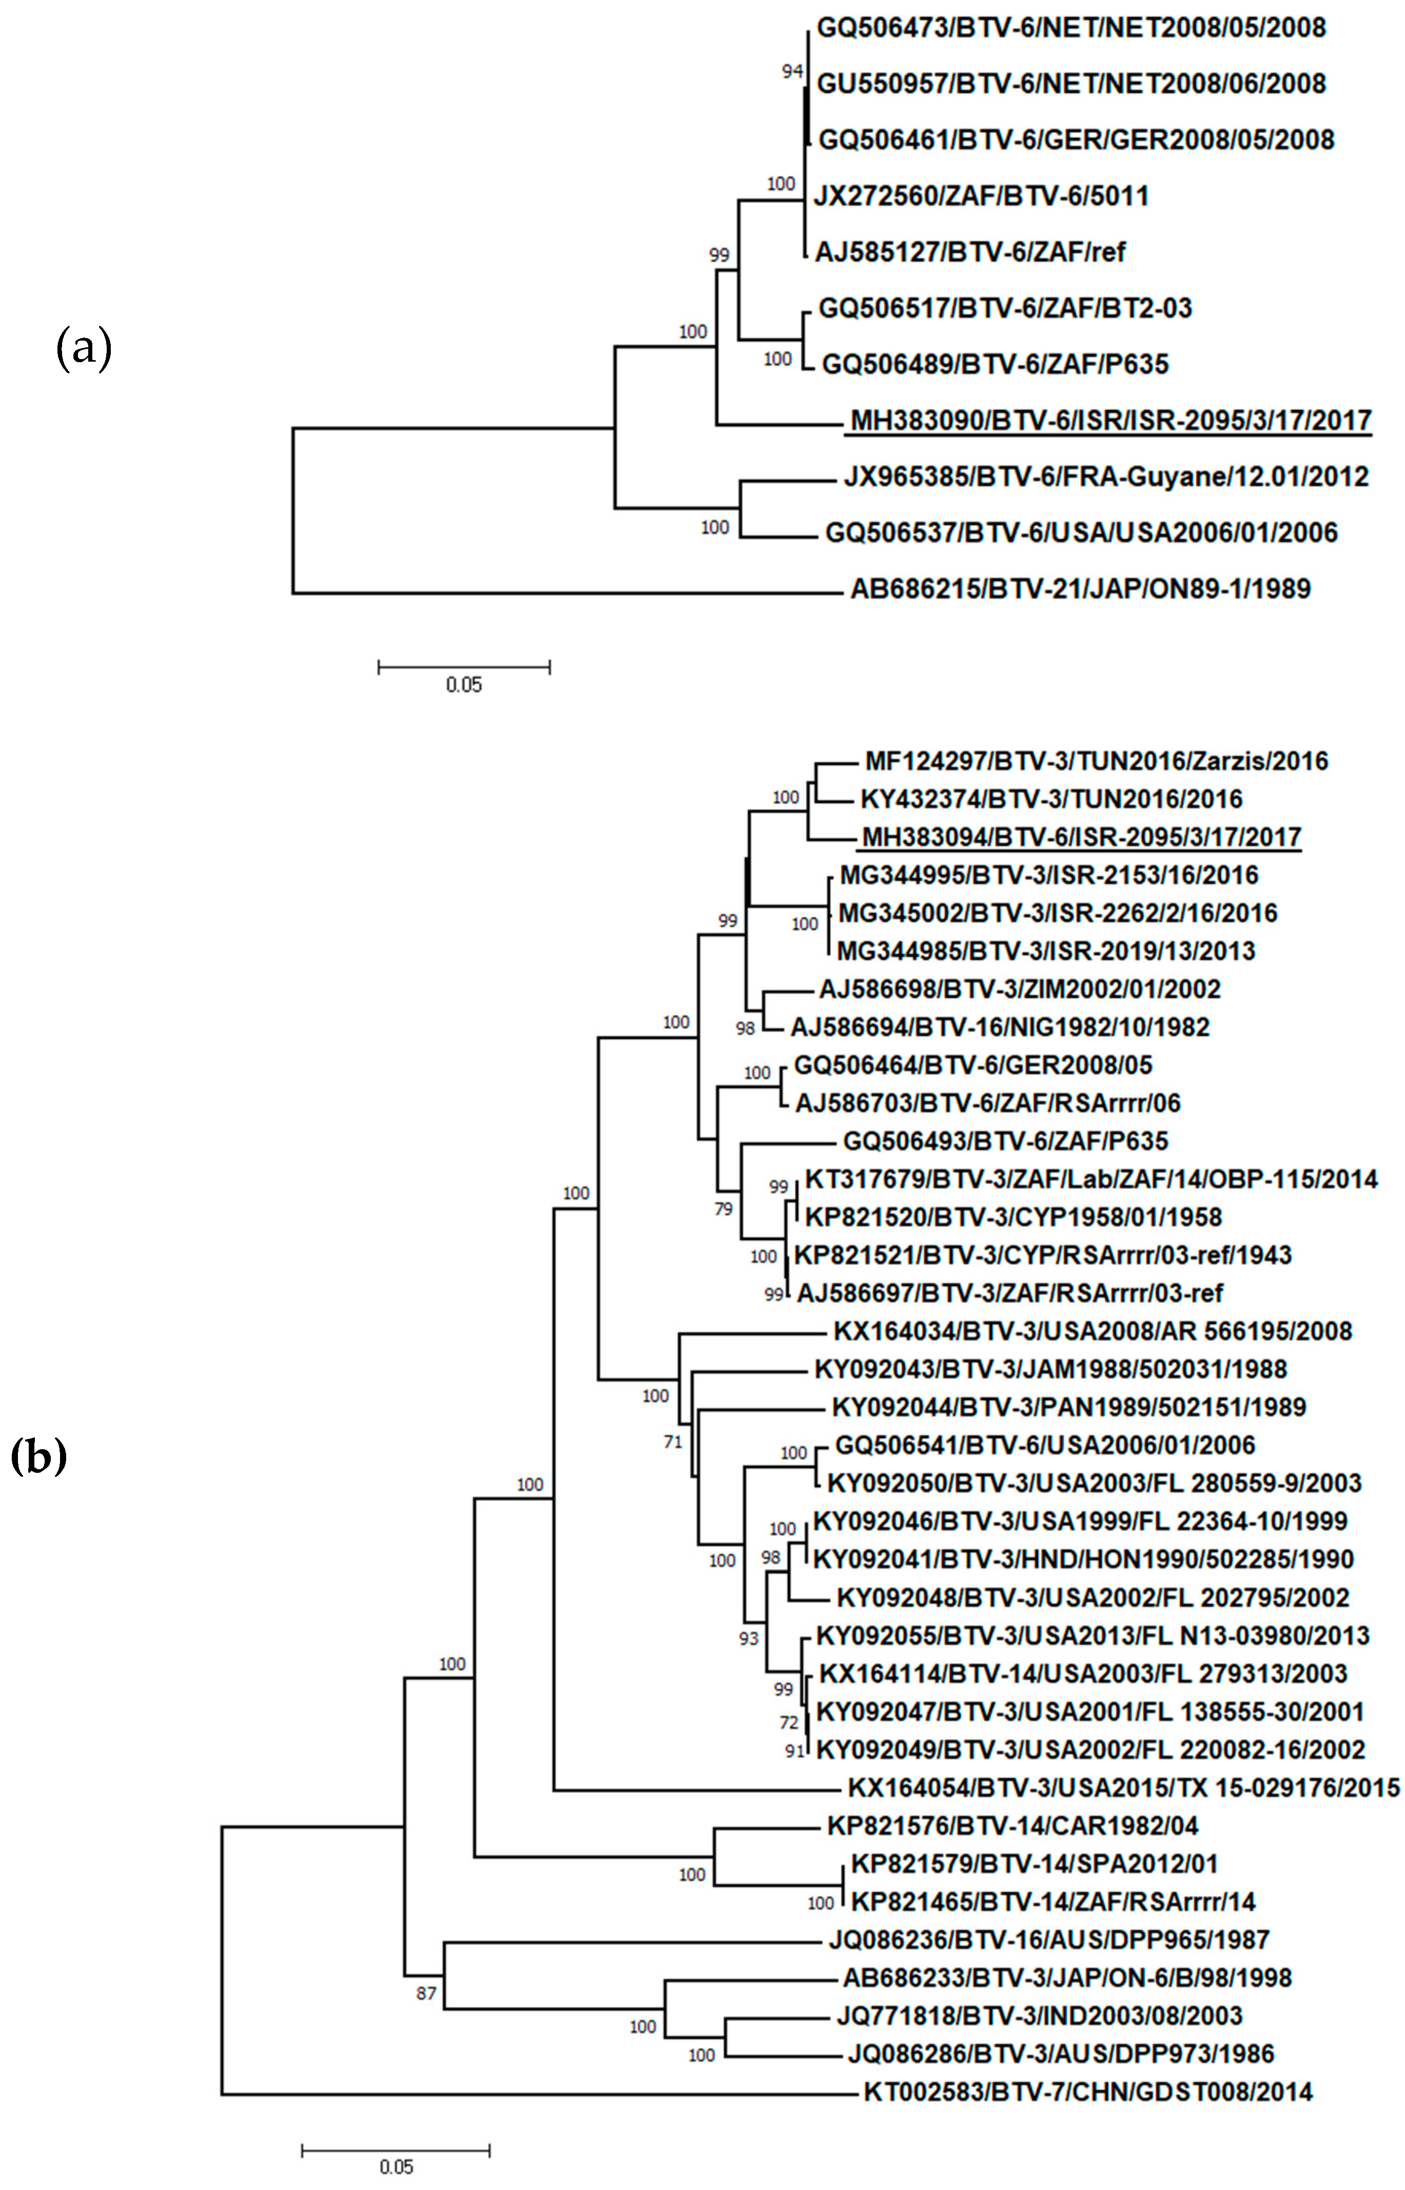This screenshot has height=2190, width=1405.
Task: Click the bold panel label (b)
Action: coord(38,1457)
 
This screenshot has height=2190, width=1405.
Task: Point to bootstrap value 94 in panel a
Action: coord(792,71)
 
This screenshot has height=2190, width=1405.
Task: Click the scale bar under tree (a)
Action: coord(464,668)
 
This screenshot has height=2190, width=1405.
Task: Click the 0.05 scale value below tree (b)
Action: coord(396,2166)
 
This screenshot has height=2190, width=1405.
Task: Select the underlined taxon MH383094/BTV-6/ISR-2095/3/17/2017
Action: coord(1081,836)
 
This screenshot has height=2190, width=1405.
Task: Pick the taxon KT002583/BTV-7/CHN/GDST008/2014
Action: coord(1087,2092)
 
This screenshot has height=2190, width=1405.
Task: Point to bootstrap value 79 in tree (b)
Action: coord(723,1210)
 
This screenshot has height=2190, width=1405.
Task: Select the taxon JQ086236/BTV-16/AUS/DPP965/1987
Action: coord(1048,1939)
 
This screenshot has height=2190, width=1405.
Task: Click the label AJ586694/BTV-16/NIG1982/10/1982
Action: coord(999,1027)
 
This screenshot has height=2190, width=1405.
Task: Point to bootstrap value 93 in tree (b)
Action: coord(748,1638)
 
